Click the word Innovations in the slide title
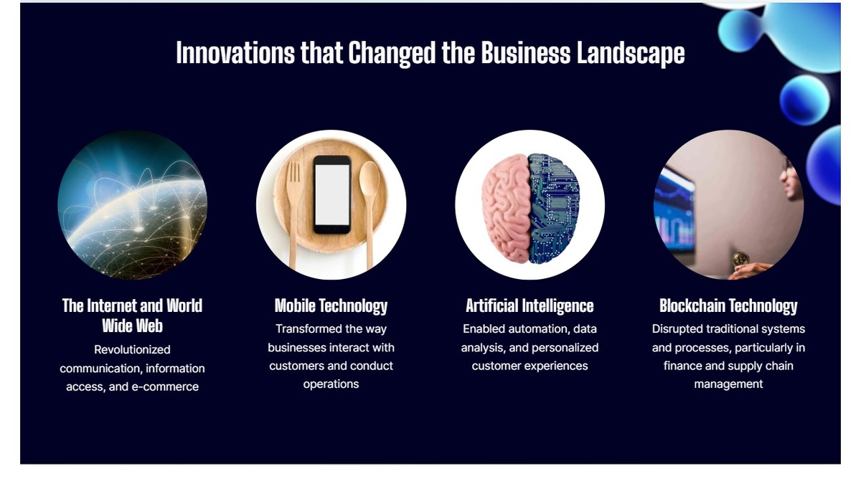(235, 53)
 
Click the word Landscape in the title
(631, 54)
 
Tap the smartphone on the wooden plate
(332, 195)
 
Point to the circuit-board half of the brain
(554, 207)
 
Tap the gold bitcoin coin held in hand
(740, 259)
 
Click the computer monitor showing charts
(675, 211)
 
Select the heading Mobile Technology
(331, 306)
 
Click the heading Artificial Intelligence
(530, 306)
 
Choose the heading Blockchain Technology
(728, 306)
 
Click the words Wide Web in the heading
(132, 326)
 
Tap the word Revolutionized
(132, 350)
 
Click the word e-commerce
(165, 386)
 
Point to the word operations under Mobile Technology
(331, 384)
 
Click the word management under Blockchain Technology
(728, 384)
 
